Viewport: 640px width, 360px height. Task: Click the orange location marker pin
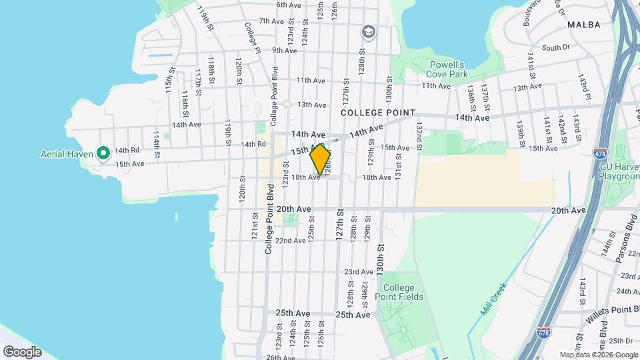(320, 160)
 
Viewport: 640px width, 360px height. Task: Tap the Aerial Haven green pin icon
(103, 154)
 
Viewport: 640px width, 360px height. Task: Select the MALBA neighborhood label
(584, 25)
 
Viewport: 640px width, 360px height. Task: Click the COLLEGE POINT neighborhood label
(378, 113)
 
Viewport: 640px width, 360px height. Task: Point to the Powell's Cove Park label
(446, 69)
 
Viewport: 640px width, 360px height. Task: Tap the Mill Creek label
(494, 300)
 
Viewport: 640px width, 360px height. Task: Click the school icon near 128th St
(367, 31)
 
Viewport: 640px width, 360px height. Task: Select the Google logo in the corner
(22, 351)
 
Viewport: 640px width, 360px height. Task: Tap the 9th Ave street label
(284, 50)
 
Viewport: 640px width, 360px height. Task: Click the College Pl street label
(251, 37)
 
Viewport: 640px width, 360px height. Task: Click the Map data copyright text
(598, 355)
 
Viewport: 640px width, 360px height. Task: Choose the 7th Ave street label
(272, 21)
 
